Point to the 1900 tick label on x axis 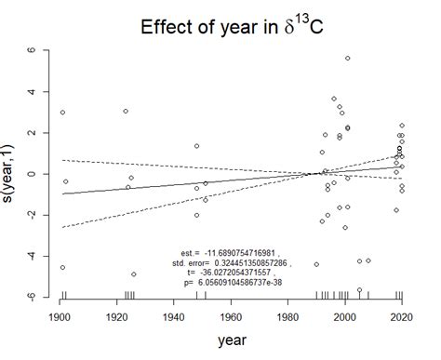pos(60,318)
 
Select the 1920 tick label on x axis pos(117,318)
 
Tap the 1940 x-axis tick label pos(174,318)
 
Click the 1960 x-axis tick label pos(231,318)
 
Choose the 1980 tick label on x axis pos(288,318)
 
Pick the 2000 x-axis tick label pos(345,318)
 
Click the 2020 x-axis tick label pos(402,318)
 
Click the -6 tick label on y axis pos(33,296)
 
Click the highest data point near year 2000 pos(348,58)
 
